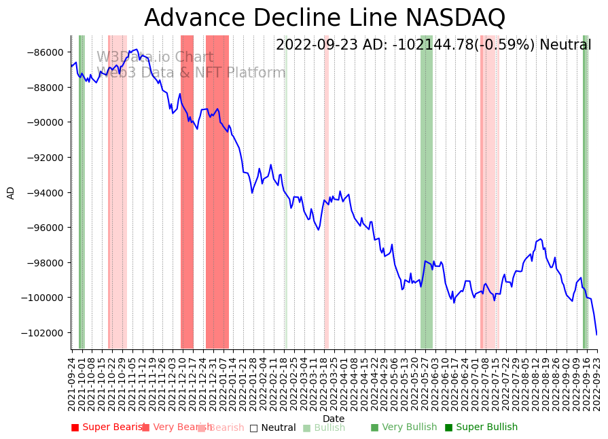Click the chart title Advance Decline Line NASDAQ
325,18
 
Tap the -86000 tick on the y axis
46,52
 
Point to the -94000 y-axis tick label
46,193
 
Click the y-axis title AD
11,192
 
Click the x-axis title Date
334,419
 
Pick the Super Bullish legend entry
481,427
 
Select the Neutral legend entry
272,428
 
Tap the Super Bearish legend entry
109,427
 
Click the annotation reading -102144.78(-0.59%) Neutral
433,46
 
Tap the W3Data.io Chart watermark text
155,58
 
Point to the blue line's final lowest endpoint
597,334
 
